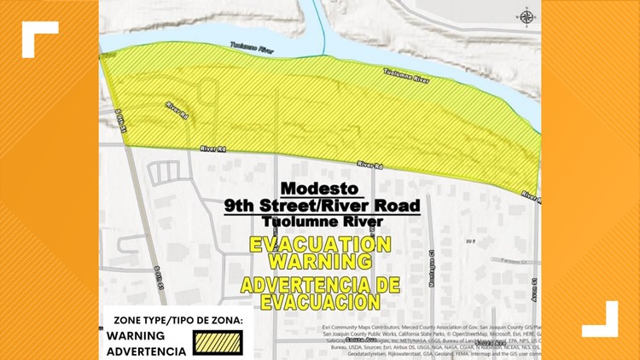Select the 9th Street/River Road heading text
[321, 206]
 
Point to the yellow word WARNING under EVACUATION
[320, 260]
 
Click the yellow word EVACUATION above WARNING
[320, 245]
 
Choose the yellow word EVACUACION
[320, 300]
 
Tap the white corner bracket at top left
[40, 38]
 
